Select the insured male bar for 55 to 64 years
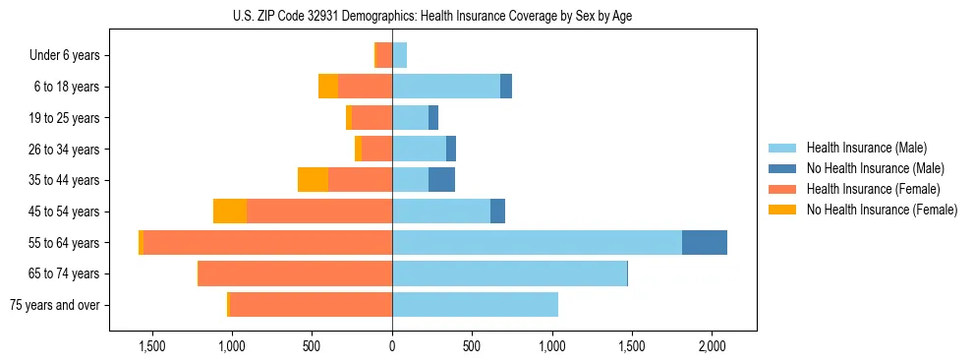click(537, 242)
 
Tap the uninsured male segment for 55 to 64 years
click(705, 242)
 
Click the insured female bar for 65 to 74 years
click(295, 273)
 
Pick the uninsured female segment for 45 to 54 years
click(230, 212)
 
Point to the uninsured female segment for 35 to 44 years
click(313, 180)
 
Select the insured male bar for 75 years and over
click(475, 305)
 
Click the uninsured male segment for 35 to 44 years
click(441, 180)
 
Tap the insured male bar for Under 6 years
click(399, 55)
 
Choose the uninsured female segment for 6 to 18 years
click(328, 87)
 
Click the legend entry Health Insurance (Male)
click(866, 148)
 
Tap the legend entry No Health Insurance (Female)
click(882, 210)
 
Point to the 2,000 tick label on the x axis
click(713, 346)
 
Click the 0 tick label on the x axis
click(392, 346)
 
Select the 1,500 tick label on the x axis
click(152, 346)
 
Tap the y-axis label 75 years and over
click(55, 305)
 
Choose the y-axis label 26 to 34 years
click(64, 150)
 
